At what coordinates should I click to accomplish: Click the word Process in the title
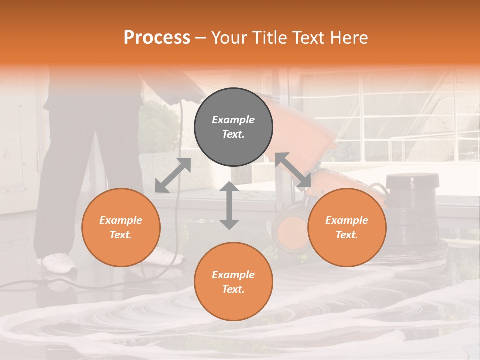point(157,38)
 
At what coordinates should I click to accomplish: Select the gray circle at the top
point(233,127)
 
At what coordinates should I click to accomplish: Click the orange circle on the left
point(121,228)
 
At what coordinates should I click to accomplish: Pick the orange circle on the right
point(347,228)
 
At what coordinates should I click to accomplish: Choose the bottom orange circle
point(233,282)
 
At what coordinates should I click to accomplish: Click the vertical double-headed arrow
point(229,205)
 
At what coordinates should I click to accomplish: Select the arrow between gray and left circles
point(173,175)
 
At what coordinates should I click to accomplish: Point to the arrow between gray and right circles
point(293,170)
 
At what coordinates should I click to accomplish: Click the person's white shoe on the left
point(57,261)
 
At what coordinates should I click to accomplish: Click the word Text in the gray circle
point(233,135)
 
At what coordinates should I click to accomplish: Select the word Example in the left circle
point(121,220)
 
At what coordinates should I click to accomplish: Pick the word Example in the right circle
point(347,220)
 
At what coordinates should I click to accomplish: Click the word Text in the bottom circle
point(233,290)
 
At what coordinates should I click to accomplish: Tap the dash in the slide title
point(201,38)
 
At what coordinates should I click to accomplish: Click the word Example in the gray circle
point(233,120)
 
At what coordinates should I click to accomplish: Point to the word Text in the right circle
point(347,235)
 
